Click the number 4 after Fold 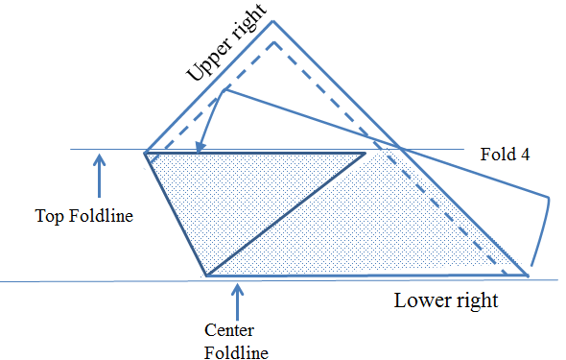525,155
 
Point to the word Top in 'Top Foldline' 50,216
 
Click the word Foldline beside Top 101,216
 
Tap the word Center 229,330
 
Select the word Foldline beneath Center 236,352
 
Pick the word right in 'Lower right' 477,301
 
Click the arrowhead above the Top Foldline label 99,159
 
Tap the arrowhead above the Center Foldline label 237,290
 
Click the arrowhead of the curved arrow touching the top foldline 200,147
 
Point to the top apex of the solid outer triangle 272,21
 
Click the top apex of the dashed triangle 274,42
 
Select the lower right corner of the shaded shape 528,276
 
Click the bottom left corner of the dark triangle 207,276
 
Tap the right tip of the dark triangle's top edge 365,154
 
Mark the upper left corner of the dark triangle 145,154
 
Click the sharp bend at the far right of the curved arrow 549,198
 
